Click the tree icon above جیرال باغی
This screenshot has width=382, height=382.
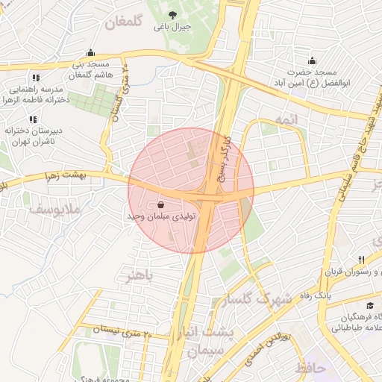click(x=173, y=14)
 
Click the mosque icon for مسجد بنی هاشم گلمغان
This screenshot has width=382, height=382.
click(x=91, y=53)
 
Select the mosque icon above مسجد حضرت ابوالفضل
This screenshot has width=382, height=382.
click(x=310, y=61)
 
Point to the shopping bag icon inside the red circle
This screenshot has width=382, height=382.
click(x=162, y=204)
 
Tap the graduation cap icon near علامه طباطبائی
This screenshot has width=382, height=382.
click(x=370, y=306)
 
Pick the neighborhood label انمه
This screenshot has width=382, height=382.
click(x=286, y=120)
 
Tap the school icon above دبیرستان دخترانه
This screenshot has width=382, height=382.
click(x=32, y=119)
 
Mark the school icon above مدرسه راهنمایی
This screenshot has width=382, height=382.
click(x=34, y=77)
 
